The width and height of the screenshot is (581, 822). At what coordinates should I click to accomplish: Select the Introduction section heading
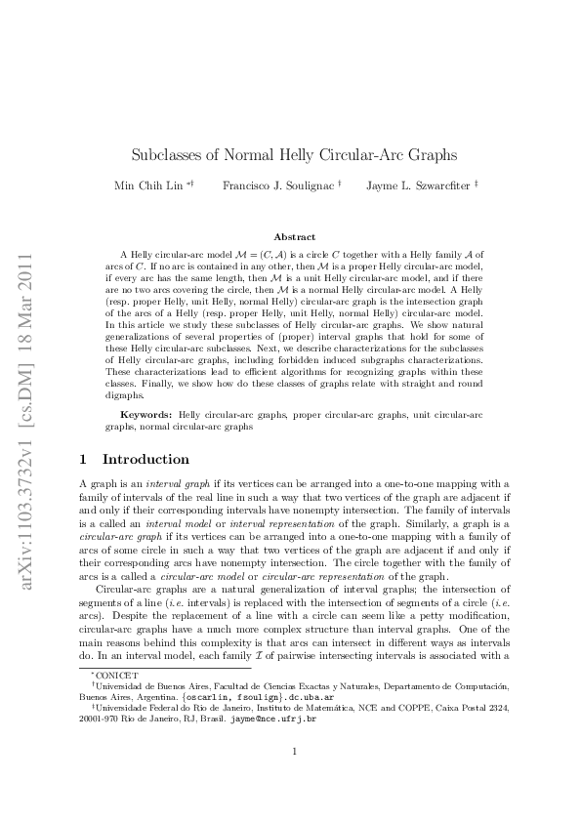pos(145,459)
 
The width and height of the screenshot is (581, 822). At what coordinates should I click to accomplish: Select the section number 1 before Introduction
pos(83,459)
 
